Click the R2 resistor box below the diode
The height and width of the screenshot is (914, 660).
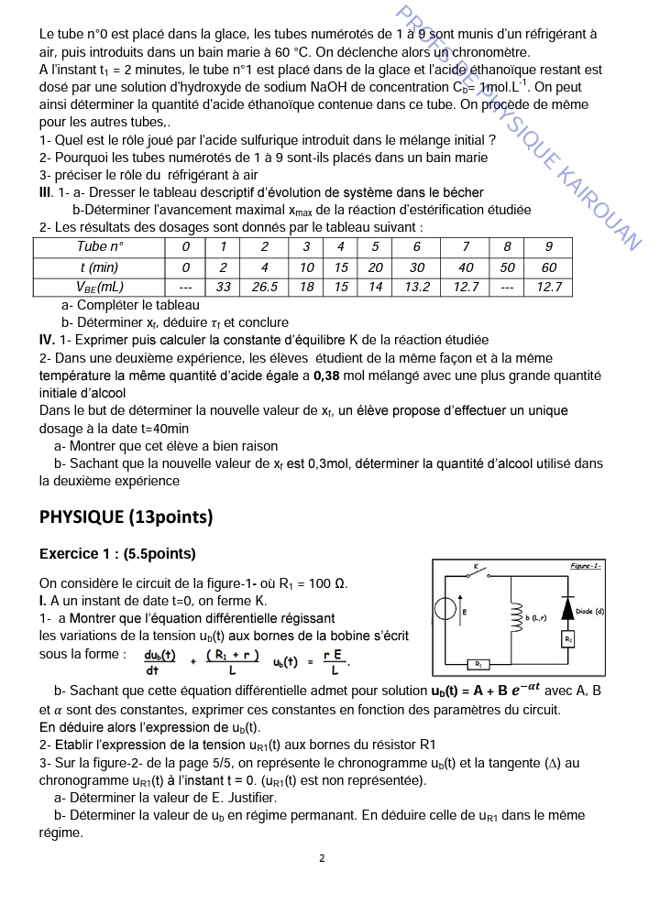pyautogui.click(x=568, y=637)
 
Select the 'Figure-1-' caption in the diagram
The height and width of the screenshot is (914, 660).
pyautogui.click(x=585, y=566)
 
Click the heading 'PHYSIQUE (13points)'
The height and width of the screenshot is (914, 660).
pyautogui.click(x=126, y=517)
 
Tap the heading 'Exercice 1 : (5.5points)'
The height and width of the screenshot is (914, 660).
pyautogui.click(x=117, y=554)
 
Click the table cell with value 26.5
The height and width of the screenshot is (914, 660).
pyautogui.click(x=264, y=287)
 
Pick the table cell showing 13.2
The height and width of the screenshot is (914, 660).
pyautogui.click(x=417, y=287)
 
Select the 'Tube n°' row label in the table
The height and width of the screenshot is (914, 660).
pyautogui.click(x=100, y=247)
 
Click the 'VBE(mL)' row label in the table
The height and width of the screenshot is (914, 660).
pyautogui.click(x=100, y=287)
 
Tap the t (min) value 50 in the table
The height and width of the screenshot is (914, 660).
pyautogui.click(x=507, y=267)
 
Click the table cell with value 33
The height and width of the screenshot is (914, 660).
pyautogui.click(x=223, y=287)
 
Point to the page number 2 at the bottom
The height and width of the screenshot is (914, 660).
pyautogui.click(x=322, y=858)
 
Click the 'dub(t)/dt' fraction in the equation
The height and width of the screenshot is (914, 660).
pyautogui.click(x=160, y=661)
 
